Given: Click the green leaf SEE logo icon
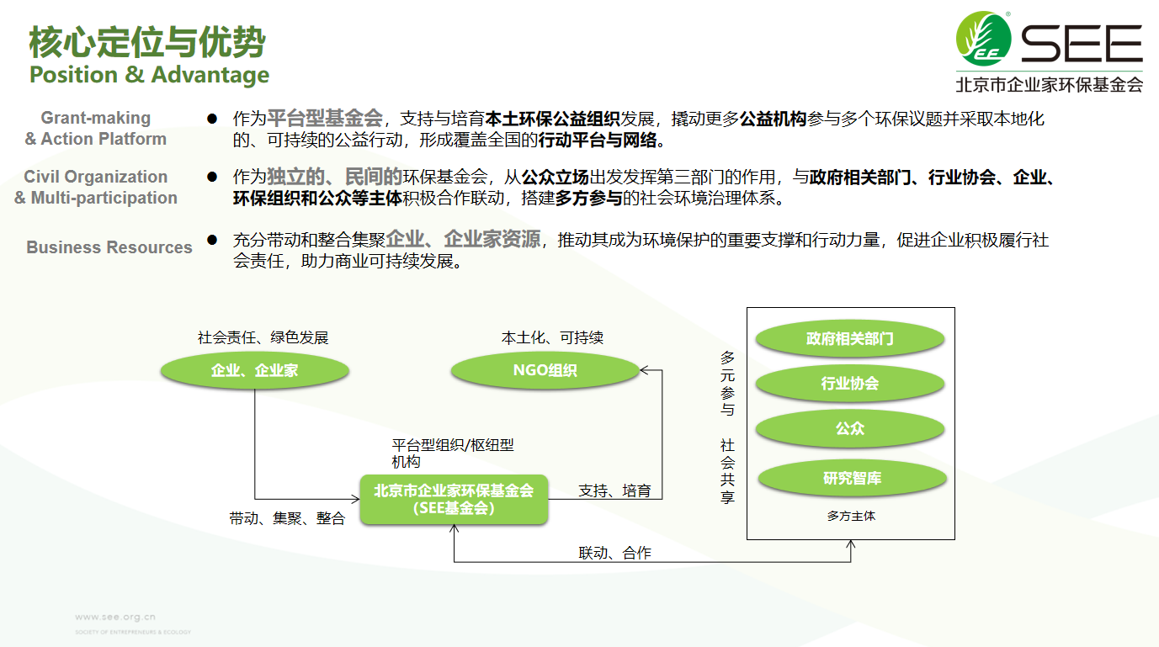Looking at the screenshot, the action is pos(983,39).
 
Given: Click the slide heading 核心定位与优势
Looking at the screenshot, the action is pos(147,42).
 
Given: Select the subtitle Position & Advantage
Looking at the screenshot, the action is pos(149,75).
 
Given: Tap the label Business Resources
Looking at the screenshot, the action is pos(109,247).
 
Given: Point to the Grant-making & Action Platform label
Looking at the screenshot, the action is pos(96,128).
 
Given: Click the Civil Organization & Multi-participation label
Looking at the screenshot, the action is pos(96,188).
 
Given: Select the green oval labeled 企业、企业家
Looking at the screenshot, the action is pos(254,370).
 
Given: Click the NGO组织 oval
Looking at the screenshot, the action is pos(545,370).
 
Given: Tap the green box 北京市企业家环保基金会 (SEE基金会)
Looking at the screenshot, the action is pos(454,499).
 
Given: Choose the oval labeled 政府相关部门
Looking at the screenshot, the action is pos(849,339).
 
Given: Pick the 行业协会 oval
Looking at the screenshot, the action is pos(849,383).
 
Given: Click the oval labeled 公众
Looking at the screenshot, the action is pos(849,428).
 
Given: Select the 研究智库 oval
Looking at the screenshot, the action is pos(852,478).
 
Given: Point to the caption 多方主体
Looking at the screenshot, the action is pos(851,516).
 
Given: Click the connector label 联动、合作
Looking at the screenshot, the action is pos(614,553).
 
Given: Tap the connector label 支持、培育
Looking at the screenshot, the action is pos(614,491).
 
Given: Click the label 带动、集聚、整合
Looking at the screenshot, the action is pos(287,518).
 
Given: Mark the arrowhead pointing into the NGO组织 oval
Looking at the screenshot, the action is pos(642,370).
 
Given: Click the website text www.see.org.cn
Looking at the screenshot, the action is pos(115,617).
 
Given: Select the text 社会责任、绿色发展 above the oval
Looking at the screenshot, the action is pos(263,337).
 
